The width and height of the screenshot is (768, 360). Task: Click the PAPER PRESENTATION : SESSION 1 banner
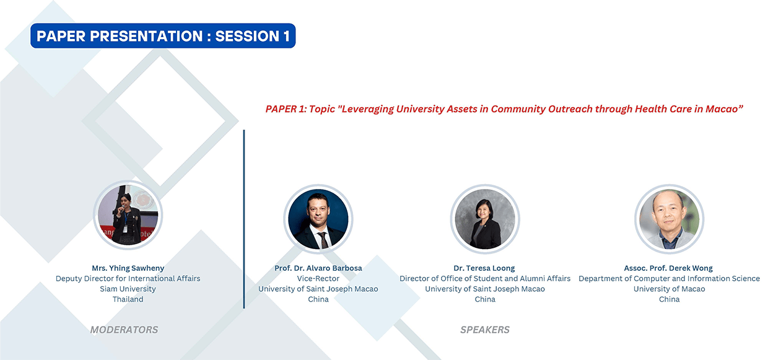pyautogui.click(x=163, y=36)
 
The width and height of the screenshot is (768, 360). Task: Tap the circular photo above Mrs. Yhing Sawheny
pyautogui.click(x=128, y=215)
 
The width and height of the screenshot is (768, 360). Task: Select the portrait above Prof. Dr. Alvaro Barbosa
pyautogui.click(x=318, y=219)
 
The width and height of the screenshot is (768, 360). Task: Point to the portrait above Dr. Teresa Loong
pyautogui.click(x=485, y=219)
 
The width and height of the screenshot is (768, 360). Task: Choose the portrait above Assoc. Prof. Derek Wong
pyautogui.click(x=669, y=219)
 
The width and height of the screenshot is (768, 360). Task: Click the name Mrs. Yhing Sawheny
pyautogui.click(x=128, y=268)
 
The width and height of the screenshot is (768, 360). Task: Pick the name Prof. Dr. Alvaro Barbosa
pyautogui.click(x=318, y=268)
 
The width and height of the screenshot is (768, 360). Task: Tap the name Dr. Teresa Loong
pyautogui.click(x=484, y=268)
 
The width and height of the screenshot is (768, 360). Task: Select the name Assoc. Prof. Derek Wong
pyautogui.click(x=668, y=268)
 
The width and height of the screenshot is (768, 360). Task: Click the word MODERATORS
pyautogui.click(x=124, y=330)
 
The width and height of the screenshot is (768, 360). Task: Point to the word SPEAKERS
pyautogui.click(x=485, y=330)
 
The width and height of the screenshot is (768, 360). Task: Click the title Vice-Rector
pyautogui.click(x=318, y=278)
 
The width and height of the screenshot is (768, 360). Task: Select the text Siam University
pyautogui.click(x=128, y=289)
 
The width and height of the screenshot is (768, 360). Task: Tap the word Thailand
pyautogui.click(x=128, y=299)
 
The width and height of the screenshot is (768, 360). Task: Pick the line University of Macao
pyautogui.click(x=670, y=289)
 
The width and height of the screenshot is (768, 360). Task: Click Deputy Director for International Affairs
pyautogui.click(x=128, y=278)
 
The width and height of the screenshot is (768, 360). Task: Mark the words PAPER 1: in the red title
pyautogui.click(x=286, y=109)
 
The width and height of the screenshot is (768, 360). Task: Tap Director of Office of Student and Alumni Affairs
pyautogui.click(x=485, y=278)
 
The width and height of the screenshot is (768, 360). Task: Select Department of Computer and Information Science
pyautogui.click(x=670, y=278)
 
